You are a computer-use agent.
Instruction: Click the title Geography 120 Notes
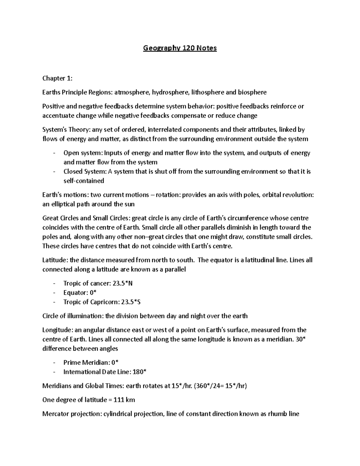pyautogui.click(x=180, y=48)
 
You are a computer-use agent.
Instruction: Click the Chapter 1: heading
pyautogui.click(x=57, y=78)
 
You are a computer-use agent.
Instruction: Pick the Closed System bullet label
pyautogui.click(x=85, y=172)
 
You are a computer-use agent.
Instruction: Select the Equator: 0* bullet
pyautogui.click(x=80, y=293)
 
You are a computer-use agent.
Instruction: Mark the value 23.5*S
pyautogui.click(x=130, y=302)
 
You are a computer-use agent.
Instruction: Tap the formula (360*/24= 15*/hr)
pyautogui.click(x=220, y=386)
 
